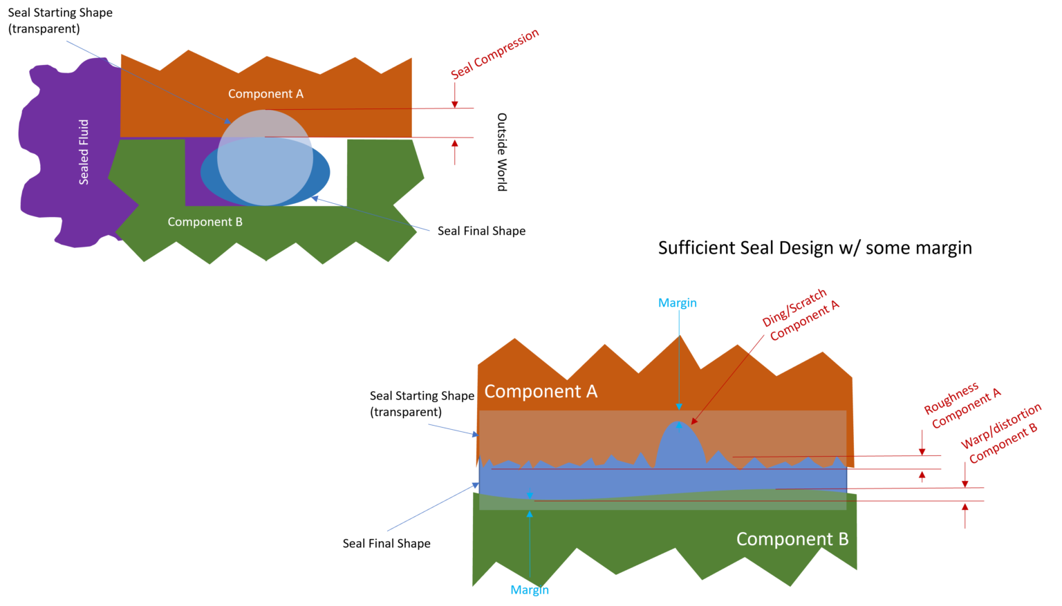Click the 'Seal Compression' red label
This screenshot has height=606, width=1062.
[x=494, y=54]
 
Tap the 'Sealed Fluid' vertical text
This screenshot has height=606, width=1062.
[x=84, y=152]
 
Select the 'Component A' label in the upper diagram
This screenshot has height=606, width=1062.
[x=265, y=94]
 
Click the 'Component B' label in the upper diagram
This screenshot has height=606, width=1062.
[x=205, y=222]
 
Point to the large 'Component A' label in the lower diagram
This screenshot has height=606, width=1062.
[x=540, y=392]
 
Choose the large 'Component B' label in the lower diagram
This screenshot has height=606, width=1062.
[x=792, y=539]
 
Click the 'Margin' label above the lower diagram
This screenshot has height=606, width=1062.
[x=677, y=303]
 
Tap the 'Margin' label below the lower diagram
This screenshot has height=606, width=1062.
[x=530, y=590]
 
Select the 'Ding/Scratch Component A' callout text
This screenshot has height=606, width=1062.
[x=800, y=315]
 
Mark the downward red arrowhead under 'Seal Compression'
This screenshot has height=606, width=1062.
[x=455, y=104]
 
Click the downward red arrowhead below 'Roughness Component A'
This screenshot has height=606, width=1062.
[x=922, y=451]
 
